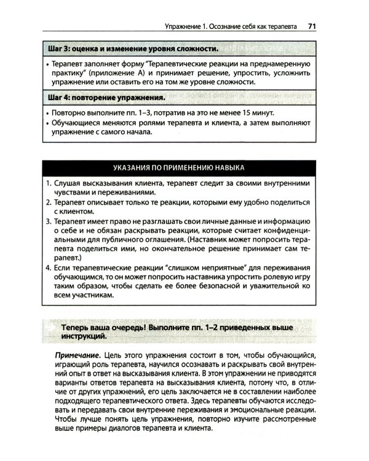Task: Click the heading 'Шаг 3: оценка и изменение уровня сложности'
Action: (132, 48)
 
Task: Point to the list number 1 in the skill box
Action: (49, 183)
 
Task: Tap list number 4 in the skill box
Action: (49, 267)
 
